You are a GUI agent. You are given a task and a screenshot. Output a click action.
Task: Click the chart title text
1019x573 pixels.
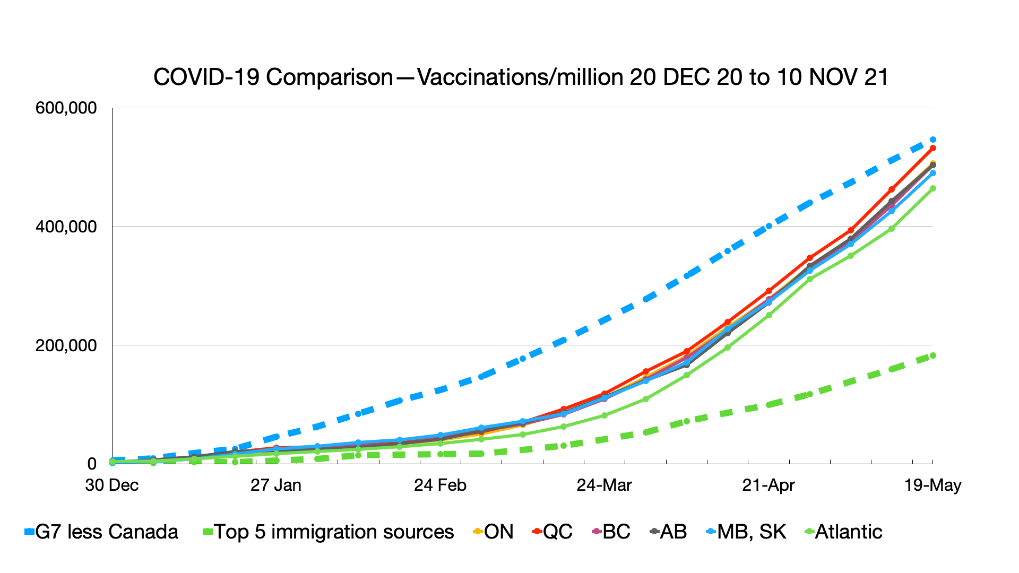521,77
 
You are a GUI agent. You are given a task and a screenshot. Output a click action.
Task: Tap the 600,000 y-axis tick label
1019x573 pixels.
66,108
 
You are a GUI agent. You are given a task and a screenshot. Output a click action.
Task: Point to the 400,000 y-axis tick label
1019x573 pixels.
66,227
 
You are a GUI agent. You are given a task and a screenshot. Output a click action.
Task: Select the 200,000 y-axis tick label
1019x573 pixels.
66,345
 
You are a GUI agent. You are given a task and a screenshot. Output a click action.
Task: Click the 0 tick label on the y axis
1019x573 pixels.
92,464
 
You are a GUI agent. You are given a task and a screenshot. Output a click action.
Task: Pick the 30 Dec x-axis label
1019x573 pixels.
112,485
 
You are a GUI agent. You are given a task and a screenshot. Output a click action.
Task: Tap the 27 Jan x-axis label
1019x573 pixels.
276,485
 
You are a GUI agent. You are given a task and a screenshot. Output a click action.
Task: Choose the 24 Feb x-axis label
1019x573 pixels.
440,485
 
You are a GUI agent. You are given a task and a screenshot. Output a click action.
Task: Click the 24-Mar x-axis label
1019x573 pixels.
604,485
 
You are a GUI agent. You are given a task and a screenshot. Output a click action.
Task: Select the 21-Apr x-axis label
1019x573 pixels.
768,485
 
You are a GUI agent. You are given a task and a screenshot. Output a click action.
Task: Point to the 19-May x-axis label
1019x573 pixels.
932,485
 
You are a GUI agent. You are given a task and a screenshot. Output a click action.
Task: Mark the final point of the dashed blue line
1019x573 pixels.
932,140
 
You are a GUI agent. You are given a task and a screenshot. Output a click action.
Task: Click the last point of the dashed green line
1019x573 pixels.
932,355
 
